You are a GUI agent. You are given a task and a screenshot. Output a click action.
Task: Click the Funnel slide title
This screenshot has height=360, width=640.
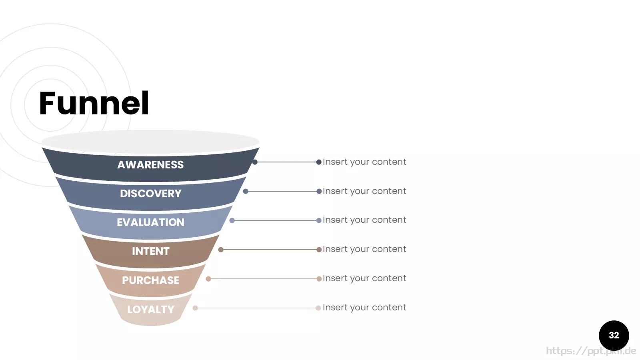[94, 103]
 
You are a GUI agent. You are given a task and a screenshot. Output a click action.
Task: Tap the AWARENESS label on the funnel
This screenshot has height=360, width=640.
[150, 165]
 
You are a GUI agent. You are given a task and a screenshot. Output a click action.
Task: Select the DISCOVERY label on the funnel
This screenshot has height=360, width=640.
[150, 194]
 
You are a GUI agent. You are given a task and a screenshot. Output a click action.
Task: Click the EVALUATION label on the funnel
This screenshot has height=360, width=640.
[150, 222]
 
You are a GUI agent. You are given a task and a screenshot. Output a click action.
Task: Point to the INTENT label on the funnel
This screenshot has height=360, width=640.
[150, 252]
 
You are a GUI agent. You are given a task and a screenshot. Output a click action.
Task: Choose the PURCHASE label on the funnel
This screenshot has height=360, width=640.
[150, 280]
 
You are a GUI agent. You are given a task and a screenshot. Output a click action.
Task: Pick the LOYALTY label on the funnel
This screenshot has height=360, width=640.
[150, 310]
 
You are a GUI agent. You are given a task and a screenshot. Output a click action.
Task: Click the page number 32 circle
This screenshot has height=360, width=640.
[614, 336]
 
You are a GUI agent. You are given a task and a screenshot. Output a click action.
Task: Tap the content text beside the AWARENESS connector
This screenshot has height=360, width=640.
[364, 162]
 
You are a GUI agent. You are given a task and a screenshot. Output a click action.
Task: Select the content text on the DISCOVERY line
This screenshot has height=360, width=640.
[364, 191]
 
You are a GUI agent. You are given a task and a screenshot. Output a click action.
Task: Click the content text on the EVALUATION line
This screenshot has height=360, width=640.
[364, 220]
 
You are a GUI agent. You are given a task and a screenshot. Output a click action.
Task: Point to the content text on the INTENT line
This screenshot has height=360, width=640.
[364, 249]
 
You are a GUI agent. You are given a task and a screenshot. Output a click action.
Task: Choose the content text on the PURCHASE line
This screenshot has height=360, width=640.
[364, 278]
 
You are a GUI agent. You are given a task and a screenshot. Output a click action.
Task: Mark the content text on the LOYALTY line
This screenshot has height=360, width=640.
[364, 308]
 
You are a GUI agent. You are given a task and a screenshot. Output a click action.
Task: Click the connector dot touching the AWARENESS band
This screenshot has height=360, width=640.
[255, 162]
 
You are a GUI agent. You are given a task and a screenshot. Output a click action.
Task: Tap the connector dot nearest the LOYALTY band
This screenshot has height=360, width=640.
[196, 308]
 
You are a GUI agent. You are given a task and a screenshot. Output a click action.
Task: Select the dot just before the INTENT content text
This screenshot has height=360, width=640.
[319, 250]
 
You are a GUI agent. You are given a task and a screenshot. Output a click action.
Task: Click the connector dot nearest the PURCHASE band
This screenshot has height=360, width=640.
[208, 279]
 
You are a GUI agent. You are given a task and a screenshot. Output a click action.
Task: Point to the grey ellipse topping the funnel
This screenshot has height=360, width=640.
[150, 142]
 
